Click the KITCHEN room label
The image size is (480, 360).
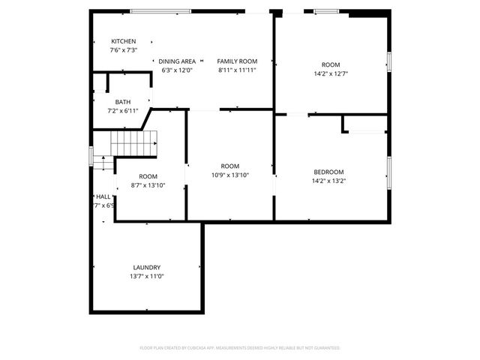point(124,41)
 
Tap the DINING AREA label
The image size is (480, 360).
point(177,61)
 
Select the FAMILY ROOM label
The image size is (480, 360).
point(237,61)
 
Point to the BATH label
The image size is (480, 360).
point(123,102)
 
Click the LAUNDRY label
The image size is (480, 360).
point(147,268)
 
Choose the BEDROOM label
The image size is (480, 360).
point(328,172)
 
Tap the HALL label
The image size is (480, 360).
point(103,197)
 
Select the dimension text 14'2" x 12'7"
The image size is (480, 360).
point(330,73)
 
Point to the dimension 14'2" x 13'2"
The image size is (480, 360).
point(328,181)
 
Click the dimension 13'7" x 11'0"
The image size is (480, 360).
point(148,276)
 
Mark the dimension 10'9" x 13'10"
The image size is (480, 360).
point(229,175)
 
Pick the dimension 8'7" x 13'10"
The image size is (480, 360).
point(148,184)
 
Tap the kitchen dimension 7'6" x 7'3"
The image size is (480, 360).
point(123,50)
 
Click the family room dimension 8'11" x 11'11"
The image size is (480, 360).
point(237,70)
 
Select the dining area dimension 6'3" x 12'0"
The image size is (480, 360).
point(177,70)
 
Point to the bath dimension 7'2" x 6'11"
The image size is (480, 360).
point(123,111)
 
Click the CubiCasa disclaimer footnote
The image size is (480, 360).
point(240,348)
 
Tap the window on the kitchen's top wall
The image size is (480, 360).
point(159,11)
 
